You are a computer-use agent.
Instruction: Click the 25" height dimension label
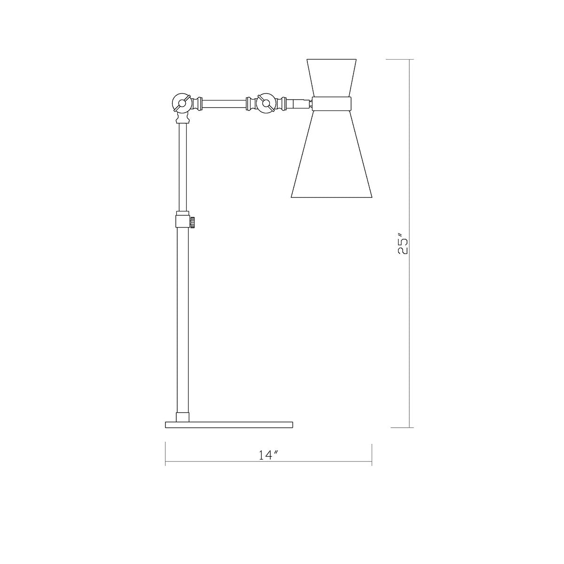[403, 243]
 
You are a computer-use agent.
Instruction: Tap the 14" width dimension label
[268, 455]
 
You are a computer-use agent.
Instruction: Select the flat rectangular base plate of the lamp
[229, 424]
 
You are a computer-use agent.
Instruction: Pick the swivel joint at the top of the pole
[181, 102]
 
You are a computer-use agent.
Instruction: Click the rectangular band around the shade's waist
[332, 103]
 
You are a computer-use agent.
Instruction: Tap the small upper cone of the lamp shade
[331, 78]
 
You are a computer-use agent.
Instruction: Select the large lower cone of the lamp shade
[332, 155]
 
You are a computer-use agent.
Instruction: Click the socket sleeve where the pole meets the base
[182, 417]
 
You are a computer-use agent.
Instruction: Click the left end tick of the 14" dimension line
[165, 454]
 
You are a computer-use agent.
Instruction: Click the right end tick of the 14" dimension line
[372, 454]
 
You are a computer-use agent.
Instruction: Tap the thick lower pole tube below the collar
[182, 320]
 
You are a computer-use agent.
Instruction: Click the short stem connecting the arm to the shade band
[301, 102]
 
